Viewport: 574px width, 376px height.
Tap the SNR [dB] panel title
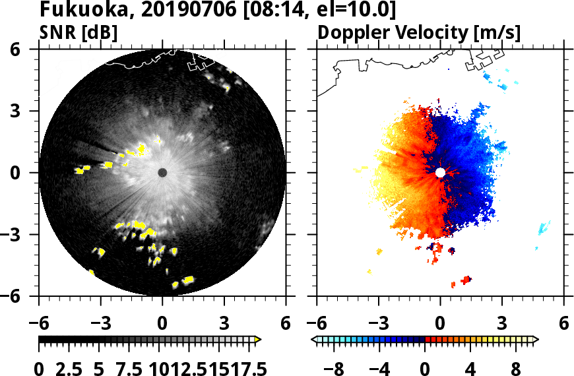tap(79, 32)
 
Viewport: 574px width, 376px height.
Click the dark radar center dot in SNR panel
tap(162, 172)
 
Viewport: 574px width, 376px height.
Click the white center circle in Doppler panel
tap(440, 172)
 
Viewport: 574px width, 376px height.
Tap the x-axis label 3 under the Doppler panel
tap(501, 325)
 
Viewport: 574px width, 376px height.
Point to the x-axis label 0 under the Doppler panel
tap(440, 325)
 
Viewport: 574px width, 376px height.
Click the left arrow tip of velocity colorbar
tap(313, 339)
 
